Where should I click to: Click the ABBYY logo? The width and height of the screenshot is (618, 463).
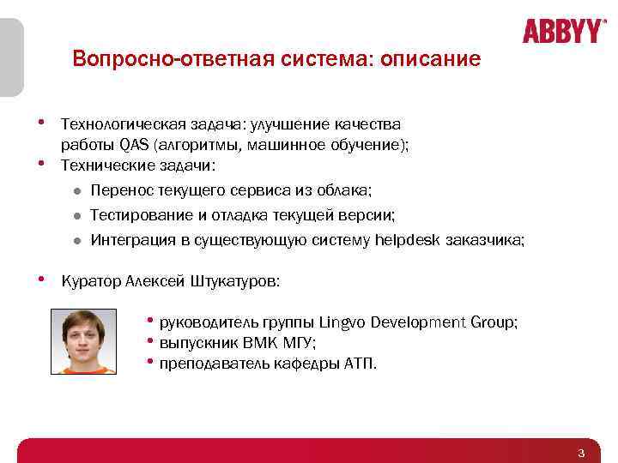tap(563, 31)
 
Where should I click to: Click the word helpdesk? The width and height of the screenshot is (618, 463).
tap(409, 241)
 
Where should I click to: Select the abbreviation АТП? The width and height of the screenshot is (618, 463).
tap(360, 363)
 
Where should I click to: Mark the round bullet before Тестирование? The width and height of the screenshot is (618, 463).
tap(76, 216)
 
